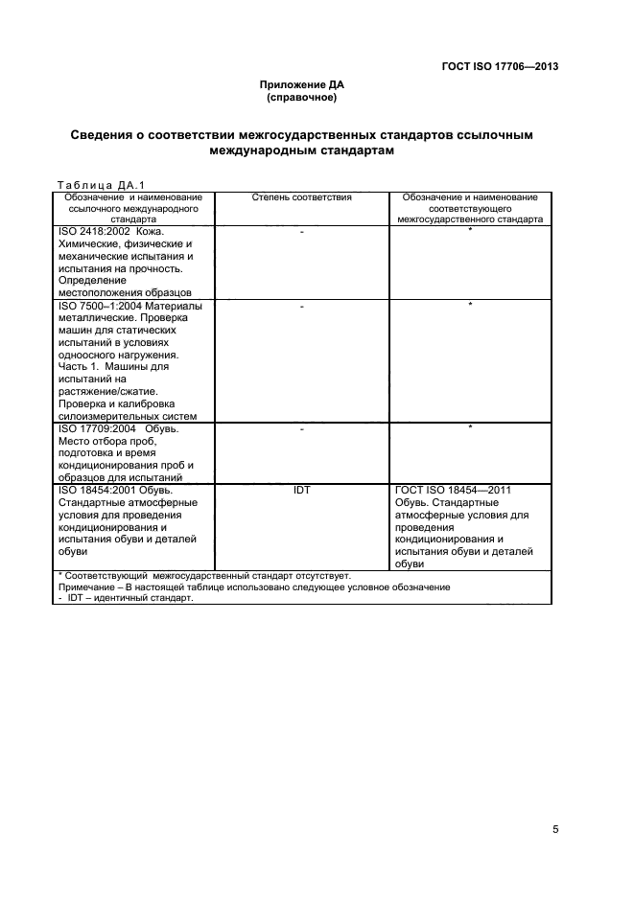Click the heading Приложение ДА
pyautogui.click(x=301, y=85)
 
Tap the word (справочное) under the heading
pyautogui.click(x=301, y=97)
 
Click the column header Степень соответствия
pyautogui.click(x=301, y=197)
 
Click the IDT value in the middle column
pyautogui.click(x=301, y=491)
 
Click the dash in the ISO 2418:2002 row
pyautogui.click(x=301, y=233)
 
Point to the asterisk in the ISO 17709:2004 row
pyautogui.click(x=470, y=428)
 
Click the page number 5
pyautogui.click(x=555, y=829)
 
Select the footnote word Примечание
pyautogui.click(x=85, y=586)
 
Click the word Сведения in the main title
pyautogui.click(x=106, y=135)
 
